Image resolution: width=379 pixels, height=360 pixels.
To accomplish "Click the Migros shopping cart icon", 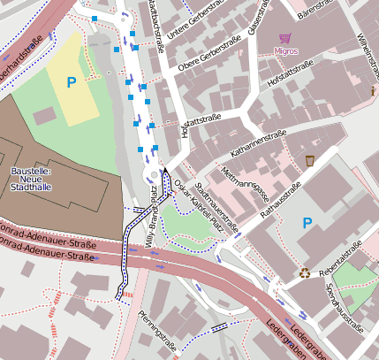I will pos(284,38).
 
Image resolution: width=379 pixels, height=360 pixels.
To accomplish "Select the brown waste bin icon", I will pos(310,160).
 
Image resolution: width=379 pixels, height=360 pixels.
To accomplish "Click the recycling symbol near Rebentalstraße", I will pos(305,273).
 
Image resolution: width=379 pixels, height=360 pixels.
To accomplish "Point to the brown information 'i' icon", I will pos(374,91).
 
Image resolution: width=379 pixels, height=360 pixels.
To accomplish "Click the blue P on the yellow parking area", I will pos(72,83).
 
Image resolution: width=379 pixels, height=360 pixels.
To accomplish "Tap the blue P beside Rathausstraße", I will pos(307,222).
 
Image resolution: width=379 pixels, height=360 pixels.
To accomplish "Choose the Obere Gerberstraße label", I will pos(209,55).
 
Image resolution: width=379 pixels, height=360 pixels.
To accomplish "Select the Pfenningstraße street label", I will pos(155,327).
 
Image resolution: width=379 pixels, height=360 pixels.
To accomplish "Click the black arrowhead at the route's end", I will pos(164,171).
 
